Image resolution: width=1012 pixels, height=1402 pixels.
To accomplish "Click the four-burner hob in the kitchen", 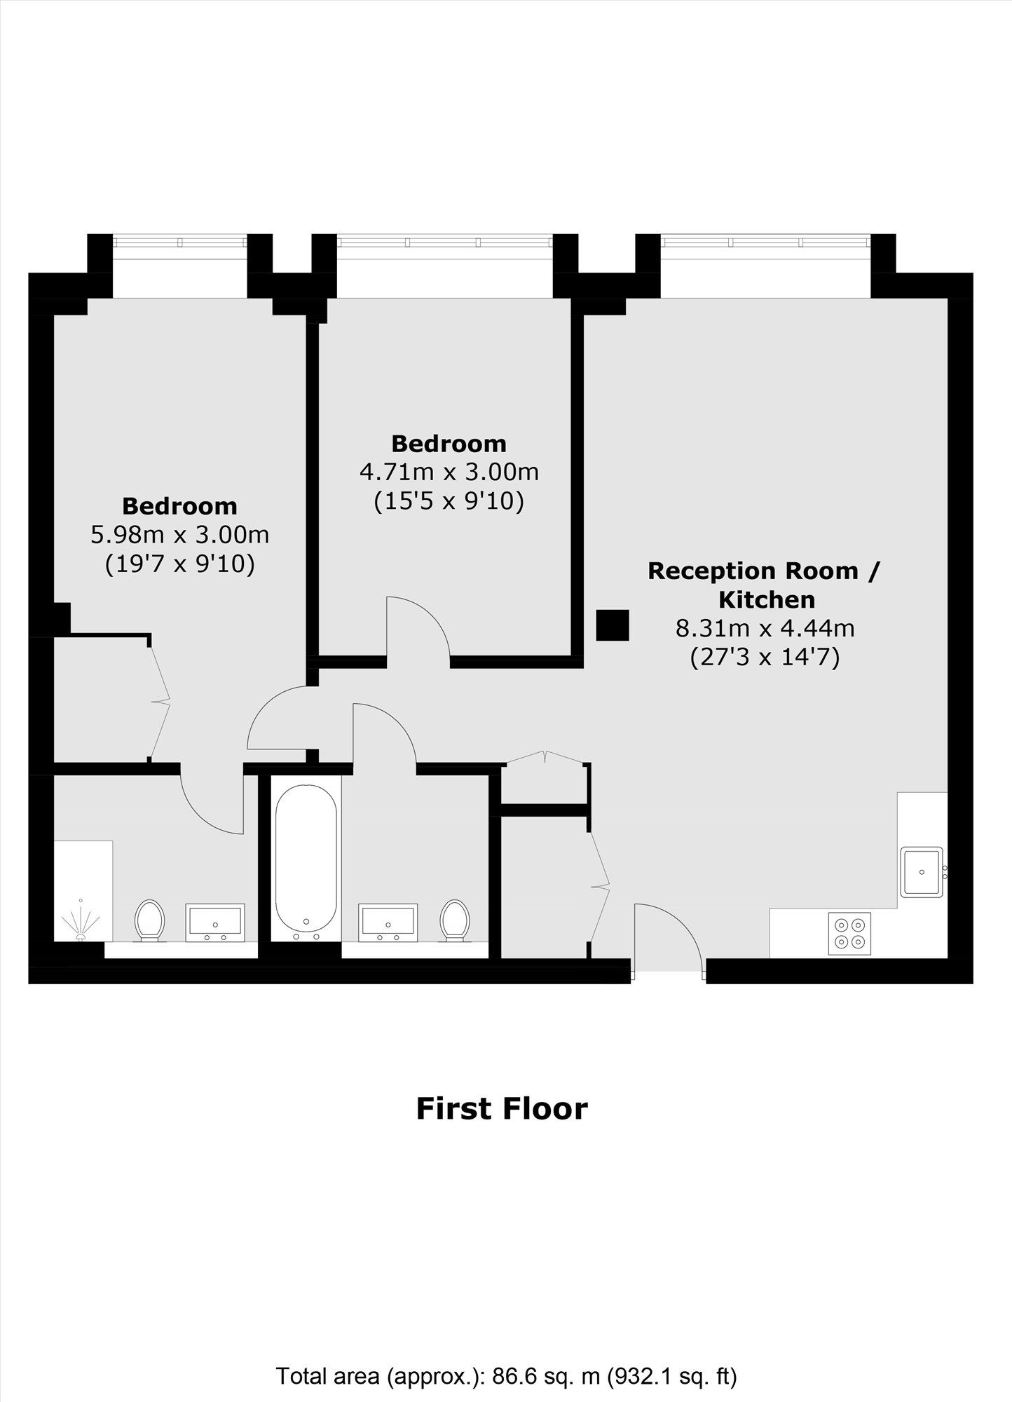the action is [x=849, y=933].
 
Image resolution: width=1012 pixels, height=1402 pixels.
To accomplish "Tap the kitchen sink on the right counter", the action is [x=922, y=872].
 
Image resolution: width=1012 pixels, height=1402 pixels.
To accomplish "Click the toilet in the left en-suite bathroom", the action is [x=149, y=919].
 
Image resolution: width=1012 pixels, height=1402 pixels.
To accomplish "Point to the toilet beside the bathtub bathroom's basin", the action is [x=454, y=919].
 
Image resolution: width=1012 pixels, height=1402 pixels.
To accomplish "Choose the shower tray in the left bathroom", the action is [x=83, y=890].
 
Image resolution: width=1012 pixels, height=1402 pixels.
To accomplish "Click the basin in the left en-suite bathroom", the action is [x=215, y=923].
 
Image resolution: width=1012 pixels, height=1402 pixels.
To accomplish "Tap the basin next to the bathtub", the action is [x=388, y=923].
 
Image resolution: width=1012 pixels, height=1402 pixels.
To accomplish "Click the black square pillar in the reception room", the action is [x=613, y=625].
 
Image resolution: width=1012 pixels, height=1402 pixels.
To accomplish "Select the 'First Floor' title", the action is [x=502, y=1108].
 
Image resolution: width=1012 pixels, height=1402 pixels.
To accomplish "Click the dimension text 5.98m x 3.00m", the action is [x=180, y=535].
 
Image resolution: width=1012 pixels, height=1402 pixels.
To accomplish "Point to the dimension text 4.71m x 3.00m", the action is [x=449, y=472].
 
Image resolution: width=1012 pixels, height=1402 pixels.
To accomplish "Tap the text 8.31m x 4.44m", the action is [x=765, y=627].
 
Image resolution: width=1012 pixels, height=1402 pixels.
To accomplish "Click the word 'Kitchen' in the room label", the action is [x=767, y=599].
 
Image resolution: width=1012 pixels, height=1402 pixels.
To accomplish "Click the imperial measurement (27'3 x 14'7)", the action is [x=765, y=658].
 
